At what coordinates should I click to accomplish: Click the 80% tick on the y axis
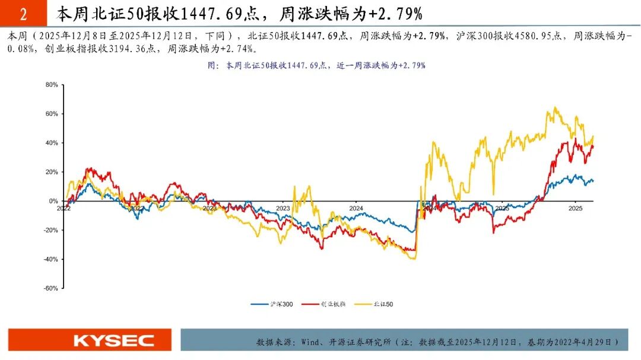[51, 85]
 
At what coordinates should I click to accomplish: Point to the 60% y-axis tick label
[51, 114]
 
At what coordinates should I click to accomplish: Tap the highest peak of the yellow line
[554, 108]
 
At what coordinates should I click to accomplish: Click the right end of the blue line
[593, 181]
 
